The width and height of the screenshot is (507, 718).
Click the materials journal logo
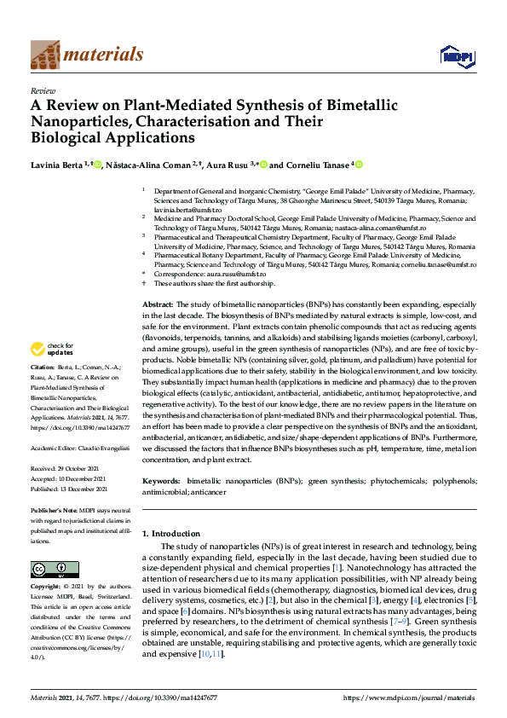86,55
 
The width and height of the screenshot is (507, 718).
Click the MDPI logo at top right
456,56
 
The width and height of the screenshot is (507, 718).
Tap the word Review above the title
43,90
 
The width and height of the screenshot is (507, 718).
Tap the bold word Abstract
157,304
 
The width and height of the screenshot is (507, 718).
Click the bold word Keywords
161,481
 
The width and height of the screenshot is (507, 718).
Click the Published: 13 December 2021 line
69,489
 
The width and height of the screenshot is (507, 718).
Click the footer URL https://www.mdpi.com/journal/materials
409,698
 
